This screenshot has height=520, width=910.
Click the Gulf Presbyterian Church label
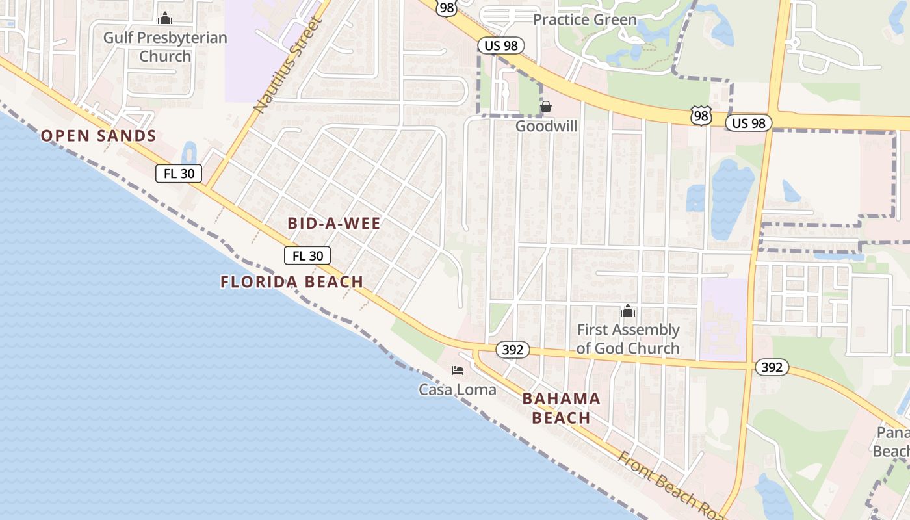[165, 47]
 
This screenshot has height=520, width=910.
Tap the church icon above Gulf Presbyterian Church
[165, 18]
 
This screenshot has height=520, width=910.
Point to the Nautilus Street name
[288, 66]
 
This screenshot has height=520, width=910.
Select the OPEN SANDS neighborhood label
[99, 136]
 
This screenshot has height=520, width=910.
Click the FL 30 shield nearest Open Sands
[179, 174]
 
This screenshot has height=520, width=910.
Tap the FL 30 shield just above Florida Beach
[307, 255]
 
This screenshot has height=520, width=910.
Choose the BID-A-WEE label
[334, 224]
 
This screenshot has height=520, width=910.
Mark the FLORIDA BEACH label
[292, 282]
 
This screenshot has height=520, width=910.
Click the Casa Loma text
[457, 390]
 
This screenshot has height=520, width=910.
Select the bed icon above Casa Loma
[458, 370]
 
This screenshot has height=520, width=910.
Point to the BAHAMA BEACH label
[561, 408]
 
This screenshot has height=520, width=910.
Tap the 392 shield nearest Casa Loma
[513, 350]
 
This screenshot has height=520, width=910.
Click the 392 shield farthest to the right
[772, 367]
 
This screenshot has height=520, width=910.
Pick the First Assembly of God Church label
[628, 339]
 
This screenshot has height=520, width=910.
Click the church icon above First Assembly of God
[627, 311]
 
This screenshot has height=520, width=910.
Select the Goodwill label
[546, 126]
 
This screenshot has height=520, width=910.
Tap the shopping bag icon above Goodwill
[546, 107]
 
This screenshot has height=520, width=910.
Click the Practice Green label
[584, 19]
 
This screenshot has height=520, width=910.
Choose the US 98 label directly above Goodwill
[500, 45]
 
